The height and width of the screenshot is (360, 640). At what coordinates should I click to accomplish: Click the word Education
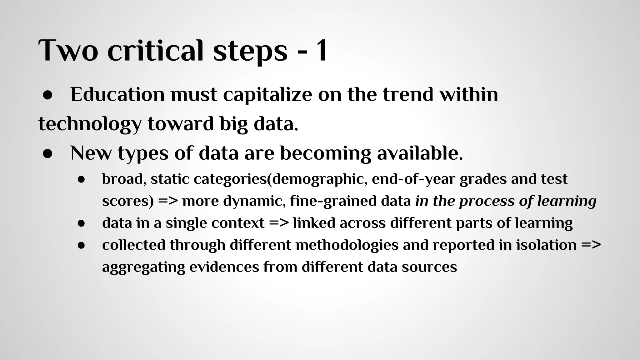(x=117, y=94)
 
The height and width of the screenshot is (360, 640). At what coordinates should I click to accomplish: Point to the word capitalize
(x=267, y=94)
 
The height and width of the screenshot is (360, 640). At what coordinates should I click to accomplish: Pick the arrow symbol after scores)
(x=168, y=201)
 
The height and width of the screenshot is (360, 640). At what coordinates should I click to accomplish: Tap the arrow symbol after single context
(x=279, y=223)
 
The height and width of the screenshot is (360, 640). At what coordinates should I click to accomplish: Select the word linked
(x=314, y=223)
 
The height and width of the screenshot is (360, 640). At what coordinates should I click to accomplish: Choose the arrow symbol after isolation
(x=591, y=245)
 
